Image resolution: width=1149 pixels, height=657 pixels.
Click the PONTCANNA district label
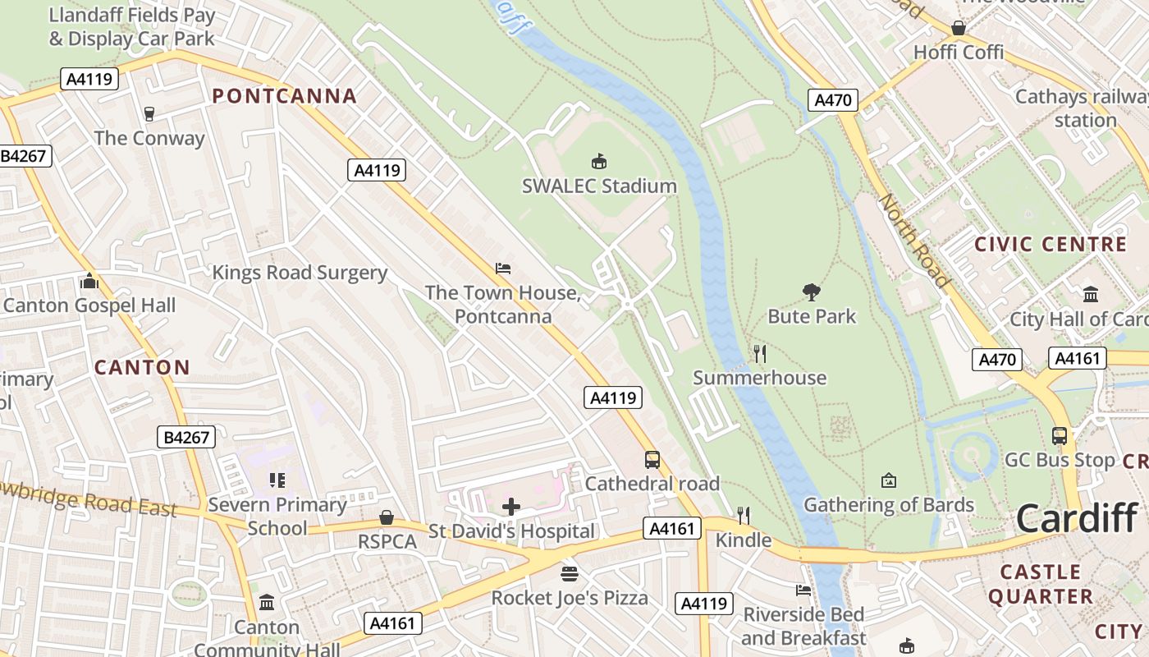coord(285,96)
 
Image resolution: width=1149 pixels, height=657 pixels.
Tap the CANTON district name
coord(142,367)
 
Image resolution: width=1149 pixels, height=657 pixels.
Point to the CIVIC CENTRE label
coord(1050,244)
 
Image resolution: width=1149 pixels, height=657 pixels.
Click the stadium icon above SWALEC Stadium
coord(600,161)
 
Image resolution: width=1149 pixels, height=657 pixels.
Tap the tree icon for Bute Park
coord(812,292)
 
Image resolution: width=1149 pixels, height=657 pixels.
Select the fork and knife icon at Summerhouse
coord(760,354)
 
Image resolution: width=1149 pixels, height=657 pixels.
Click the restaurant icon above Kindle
coord(744,515)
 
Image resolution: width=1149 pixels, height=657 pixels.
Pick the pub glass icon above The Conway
coord(149,113)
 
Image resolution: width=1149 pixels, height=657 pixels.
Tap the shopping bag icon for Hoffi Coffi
coord(959,28)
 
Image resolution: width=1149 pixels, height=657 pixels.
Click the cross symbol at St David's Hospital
coord(511,507)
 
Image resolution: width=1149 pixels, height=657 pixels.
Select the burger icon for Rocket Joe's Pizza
coord(570,572)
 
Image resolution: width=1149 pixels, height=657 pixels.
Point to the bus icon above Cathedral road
coord(652,460)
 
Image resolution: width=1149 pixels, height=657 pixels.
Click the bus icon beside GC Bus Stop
coord(1060,436)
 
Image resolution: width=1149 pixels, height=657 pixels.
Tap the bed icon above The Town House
coord(503,269)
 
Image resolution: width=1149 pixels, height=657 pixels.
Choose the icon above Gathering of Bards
coord(888,480)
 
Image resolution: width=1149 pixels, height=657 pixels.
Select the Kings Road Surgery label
coord(300,273)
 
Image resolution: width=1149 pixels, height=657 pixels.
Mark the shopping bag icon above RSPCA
coord(387,517)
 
